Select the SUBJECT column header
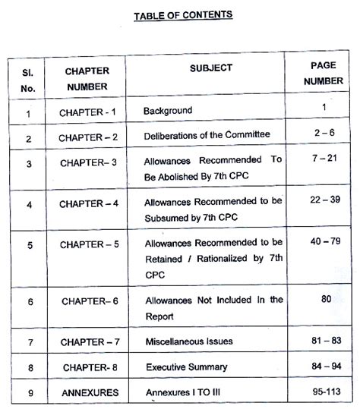[x=211, y=68]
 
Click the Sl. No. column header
[x=28, y=78]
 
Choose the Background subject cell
[x=168, y=111]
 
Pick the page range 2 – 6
[x=324, y=134]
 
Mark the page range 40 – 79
[x=324, y=241]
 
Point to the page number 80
[x=326, y=299]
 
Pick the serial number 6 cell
[x=28, y=302]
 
